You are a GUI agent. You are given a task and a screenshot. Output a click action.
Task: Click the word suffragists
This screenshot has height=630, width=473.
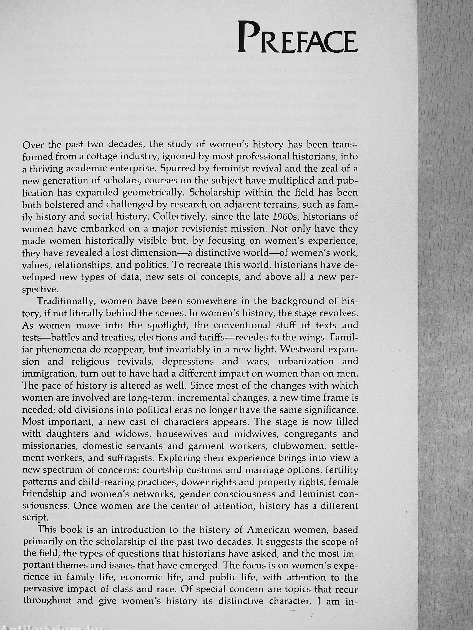pyautogui.click(x=121, y=458)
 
